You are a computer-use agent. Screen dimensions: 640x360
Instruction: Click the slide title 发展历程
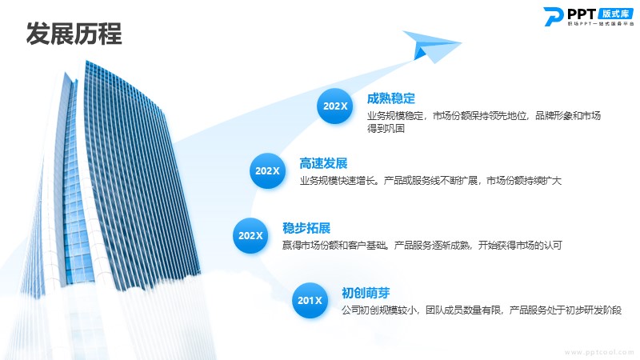74,34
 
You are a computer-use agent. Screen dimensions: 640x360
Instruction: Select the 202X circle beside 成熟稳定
335,106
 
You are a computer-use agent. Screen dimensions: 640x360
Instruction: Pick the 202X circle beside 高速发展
267,170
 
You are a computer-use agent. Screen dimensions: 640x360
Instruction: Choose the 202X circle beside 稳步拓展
250,235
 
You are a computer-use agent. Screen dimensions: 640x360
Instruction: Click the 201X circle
310,301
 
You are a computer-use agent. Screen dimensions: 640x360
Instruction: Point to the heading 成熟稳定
391,98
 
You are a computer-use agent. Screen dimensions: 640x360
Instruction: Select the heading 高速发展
323,163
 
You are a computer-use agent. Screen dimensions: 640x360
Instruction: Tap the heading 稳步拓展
306,228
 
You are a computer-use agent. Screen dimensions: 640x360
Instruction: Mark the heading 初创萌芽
366,293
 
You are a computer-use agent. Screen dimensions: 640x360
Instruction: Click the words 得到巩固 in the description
386,129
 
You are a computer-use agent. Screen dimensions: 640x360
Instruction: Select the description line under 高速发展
430,181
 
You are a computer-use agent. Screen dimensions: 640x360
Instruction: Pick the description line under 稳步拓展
422,246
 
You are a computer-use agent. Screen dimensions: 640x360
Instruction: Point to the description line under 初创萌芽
482,310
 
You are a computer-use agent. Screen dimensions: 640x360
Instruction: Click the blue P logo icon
554,17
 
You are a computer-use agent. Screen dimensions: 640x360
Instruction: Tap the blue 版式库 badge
615,14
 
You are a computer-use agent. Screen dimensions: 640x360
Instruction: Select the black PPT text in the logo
582,14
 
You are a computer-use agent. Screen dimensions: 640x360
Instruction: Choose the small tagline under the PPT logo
601,24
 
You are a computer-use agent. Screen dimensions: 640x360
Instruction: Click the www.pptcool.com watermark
599,352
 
